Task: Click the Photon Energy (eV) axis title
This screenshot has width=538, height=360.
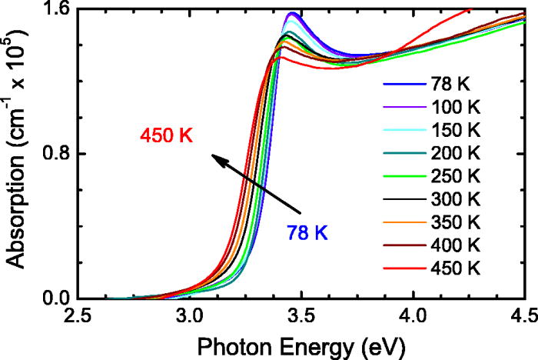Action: [301, 342]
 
